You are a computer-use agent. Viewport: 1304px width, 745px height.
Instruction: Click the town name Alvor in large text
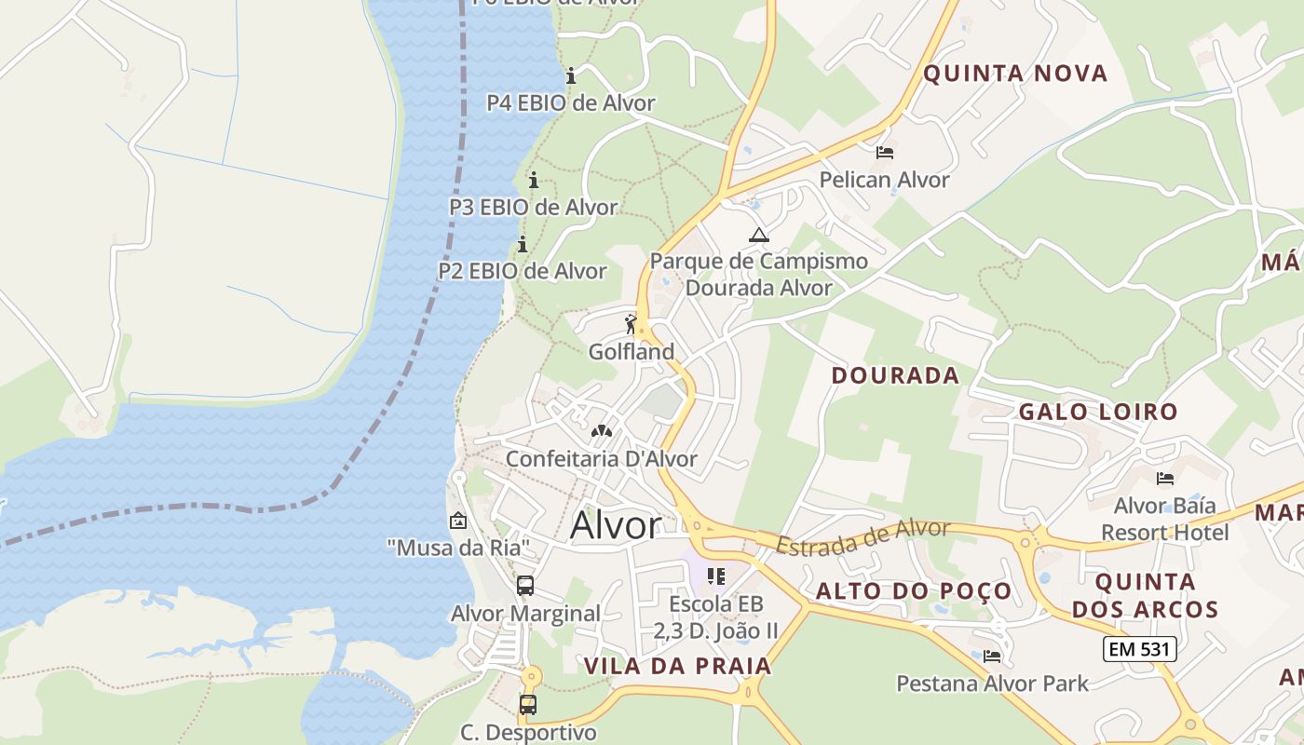point(616,525)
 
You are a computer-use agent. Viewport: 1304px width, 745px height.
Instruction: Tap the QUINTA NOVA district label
point(1015,74)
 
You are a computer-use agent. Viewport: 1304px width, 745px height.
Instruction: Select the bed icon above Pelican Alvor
point(885,152)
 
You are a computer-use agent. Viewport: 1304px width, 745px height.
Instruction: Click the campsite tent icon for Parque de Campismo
point(759,235)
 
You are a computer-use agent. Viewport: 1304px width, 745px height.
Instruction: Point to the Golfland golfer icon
point(632,324)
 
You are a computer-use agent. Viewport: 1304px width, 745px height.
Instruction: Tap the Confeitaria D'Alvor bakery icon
point(602,431)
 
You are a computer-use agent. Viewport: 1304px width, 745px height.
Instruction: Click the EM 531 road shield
point(1139,649)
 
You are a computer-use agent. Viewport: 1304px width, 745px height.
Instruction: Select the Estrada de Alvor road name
point(863,538)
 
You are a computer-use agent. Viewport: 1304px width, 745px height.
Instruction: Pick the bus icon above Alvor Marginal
point(525,586)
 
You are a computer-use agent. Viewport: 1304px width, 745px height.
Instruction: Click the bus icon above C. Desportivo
point(528,704)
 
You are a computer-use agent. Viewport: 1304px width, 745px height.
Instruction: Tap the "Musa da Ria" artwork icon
point(457,521)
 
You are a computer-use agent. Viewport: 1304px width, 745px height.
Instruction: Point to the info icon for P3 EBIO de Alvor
point(534,180)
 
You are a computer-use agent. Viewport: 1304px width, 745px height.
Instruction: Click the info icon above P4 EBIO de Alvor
point(571,75)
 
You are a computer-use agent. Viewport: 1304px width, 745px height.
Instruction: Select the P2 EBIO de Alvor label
point(523,271)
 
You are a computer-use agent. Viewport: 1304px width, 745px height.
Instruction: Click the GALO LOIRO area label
point(1098,412)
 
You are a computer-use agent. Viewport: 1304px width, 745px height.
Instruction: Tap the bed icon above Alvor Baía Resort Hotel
point(1164,479)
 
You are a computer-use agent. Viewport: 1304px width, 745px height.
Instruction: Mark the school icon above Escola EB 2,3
point(715,576)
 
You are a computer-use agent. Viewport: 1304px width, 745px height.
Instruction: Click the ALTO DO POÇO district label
point(914,591)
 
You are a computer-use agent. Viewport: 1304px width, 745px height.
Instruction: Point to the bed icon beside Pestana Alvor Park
point(992,657)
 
